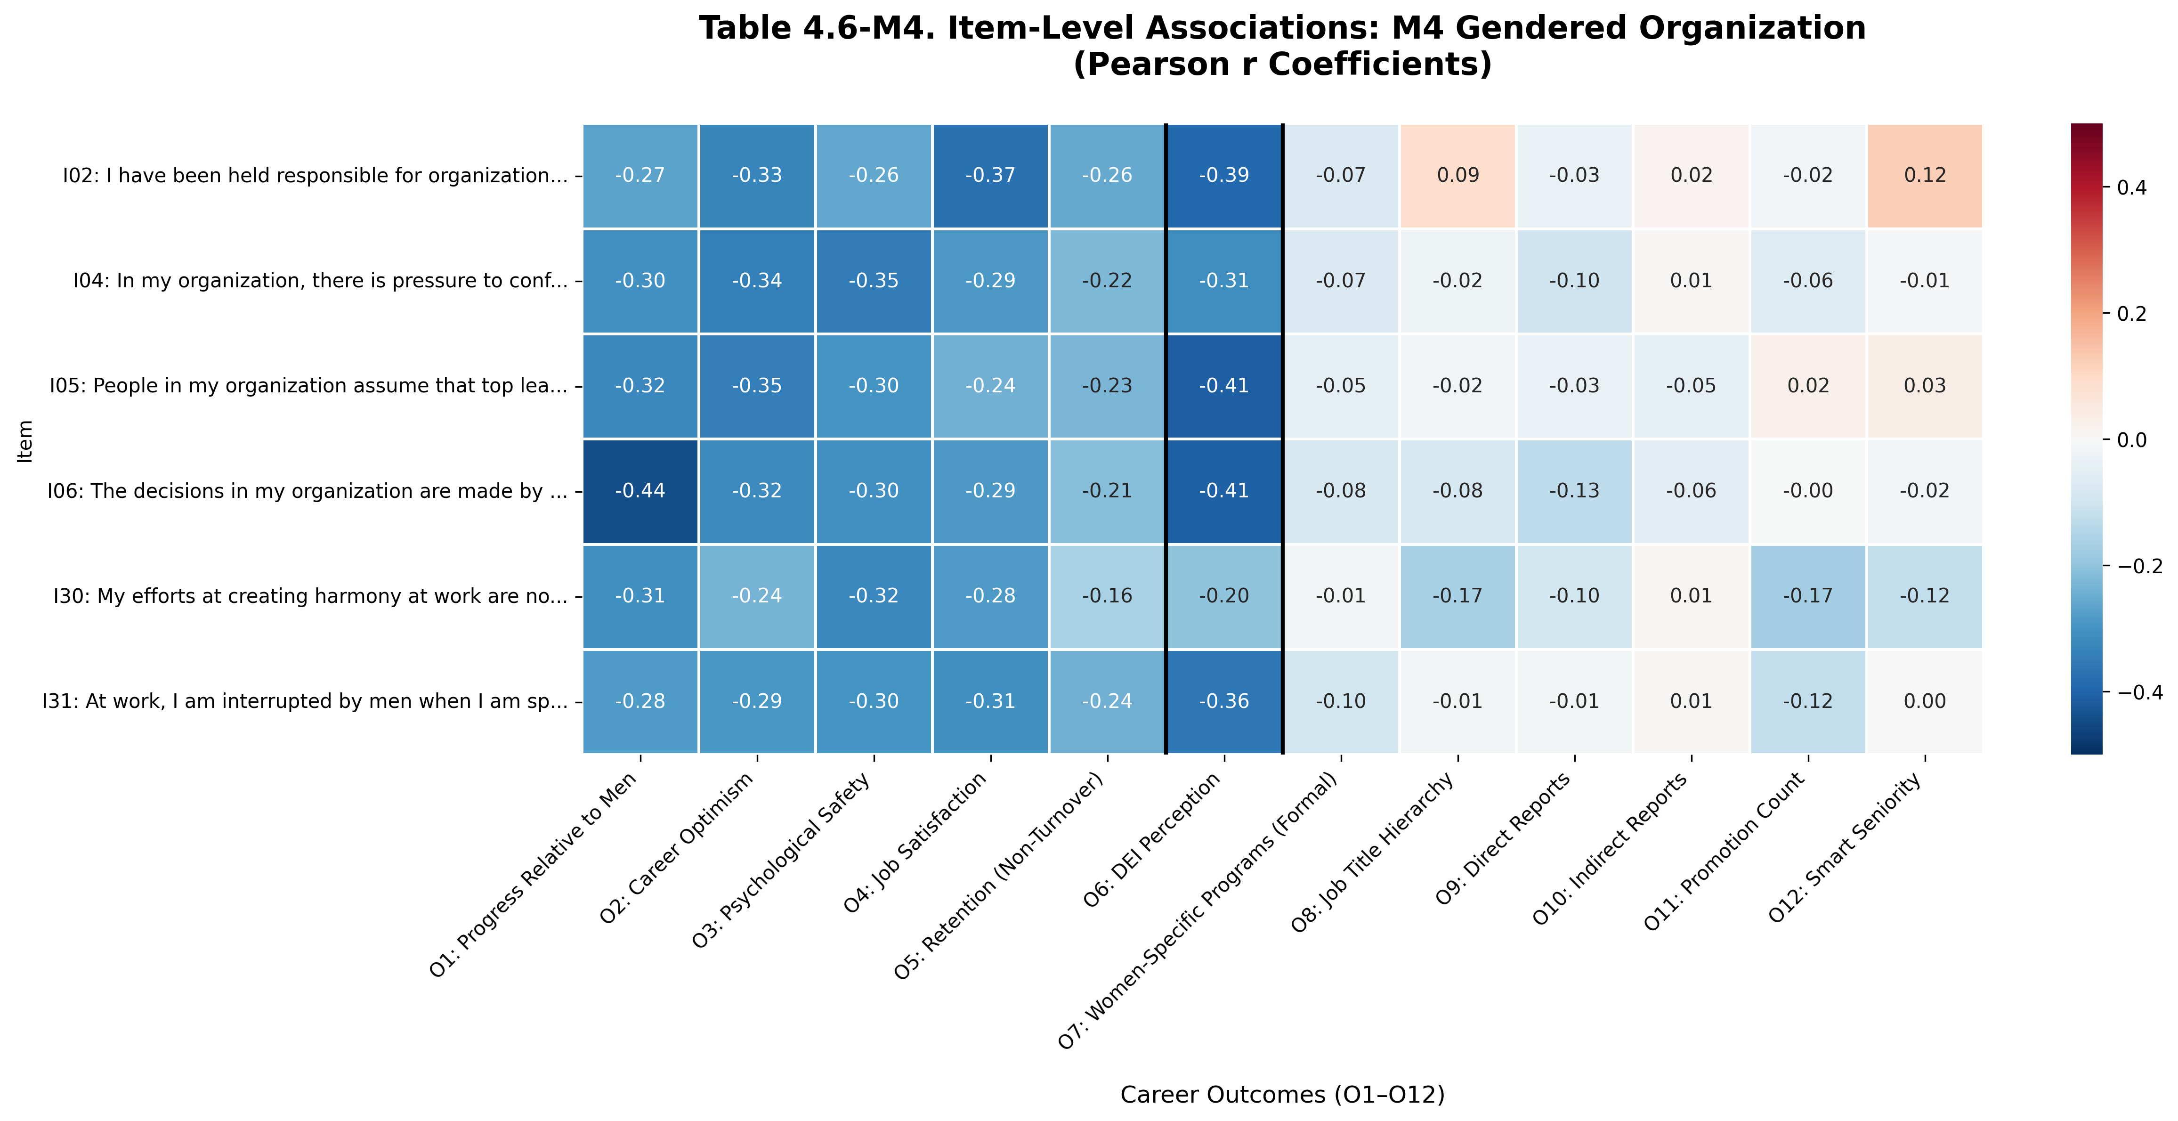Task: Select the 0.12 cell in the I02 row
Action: pos(1924,176)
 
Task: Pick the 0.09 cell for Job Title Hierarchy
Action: pos(1457,176)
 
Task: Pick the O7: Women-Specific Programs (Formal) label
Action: pos(1200,913)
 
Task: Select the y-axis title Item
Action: pos(25,440)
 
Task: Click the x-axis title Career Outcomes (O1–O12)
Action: pos(1282,1095)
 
